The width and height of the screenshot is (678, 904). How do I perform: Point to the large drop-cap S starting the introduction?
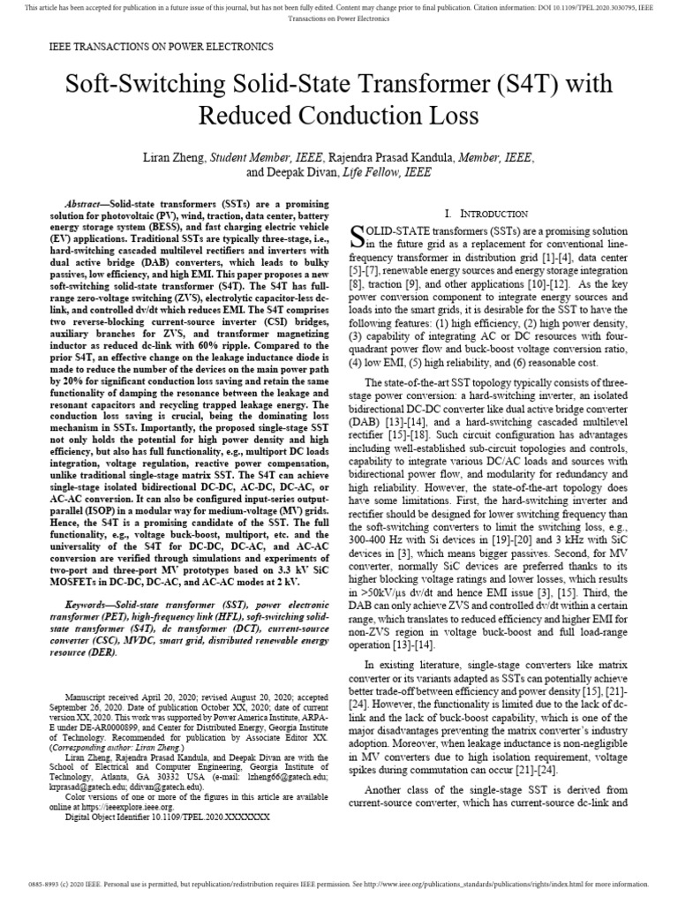point(358,235)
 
